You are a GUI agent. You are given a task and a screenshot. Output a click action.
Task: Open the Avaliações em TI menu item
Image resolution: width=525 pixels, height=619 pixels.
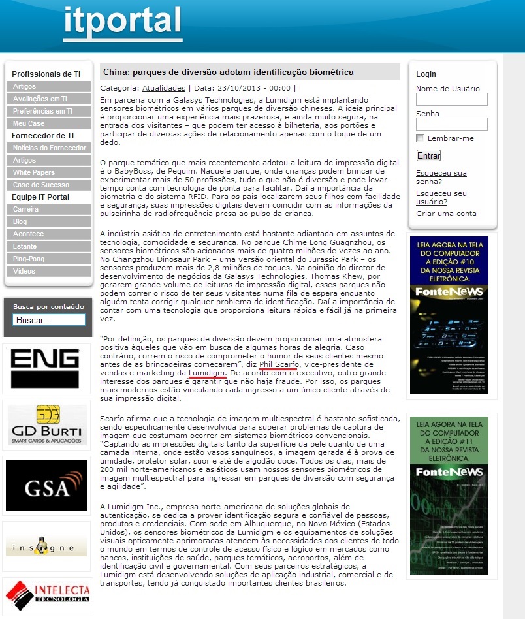click(x=40, y=99)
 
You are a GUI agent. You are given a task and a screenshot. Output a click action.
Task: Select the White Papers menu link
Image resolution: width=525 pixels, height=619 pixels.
click(x=34, y=172)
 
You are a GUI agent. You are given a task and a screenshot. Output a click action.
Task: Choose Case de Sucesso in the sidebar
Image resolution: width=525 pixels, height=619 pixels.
click(x=41, y=185)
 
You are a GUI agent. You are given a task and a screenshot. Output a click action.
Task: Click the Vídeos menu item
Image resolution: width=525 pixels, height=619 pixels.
click(x=24, y=271)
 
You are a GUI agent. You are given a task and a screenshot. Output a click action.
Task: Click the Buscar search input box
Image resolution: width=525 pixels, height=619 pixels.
click(x=49, y=321)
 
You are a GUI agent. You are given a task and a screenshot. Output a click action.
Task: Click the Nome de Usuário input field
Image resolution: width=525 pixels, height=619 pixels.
click(x=451, y=99)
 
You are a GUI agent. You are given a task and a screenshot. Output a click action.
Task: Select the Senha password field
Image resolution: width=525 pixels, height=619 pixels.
click(x=451, y=124)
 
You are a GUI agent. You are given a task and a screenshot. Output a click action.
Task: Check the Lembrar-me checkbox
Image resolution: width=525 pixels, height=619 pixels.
click(x=421, y=138)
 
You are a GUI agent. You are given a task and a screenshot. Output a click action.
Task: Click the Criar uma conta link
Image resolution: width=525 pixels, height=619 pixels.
click(x=446, y=214)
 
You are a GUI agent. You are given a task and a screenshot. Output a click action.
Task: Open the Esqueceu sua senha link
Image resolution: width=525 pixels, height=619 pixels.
click(x=441, y=178)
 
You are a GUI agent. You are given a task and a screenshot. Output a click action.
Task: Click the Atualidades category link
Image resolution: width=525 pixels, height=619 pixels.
click(x=164, y=87)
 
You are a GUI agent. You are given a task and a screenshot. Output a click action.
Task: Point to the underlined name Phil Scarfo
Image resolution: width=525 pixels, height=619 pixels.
click(x=279, y=364)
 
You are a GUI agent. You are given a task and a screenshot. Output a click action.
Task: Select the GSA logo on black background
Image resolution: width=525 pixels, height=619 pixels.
click(x=46, y=485)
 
